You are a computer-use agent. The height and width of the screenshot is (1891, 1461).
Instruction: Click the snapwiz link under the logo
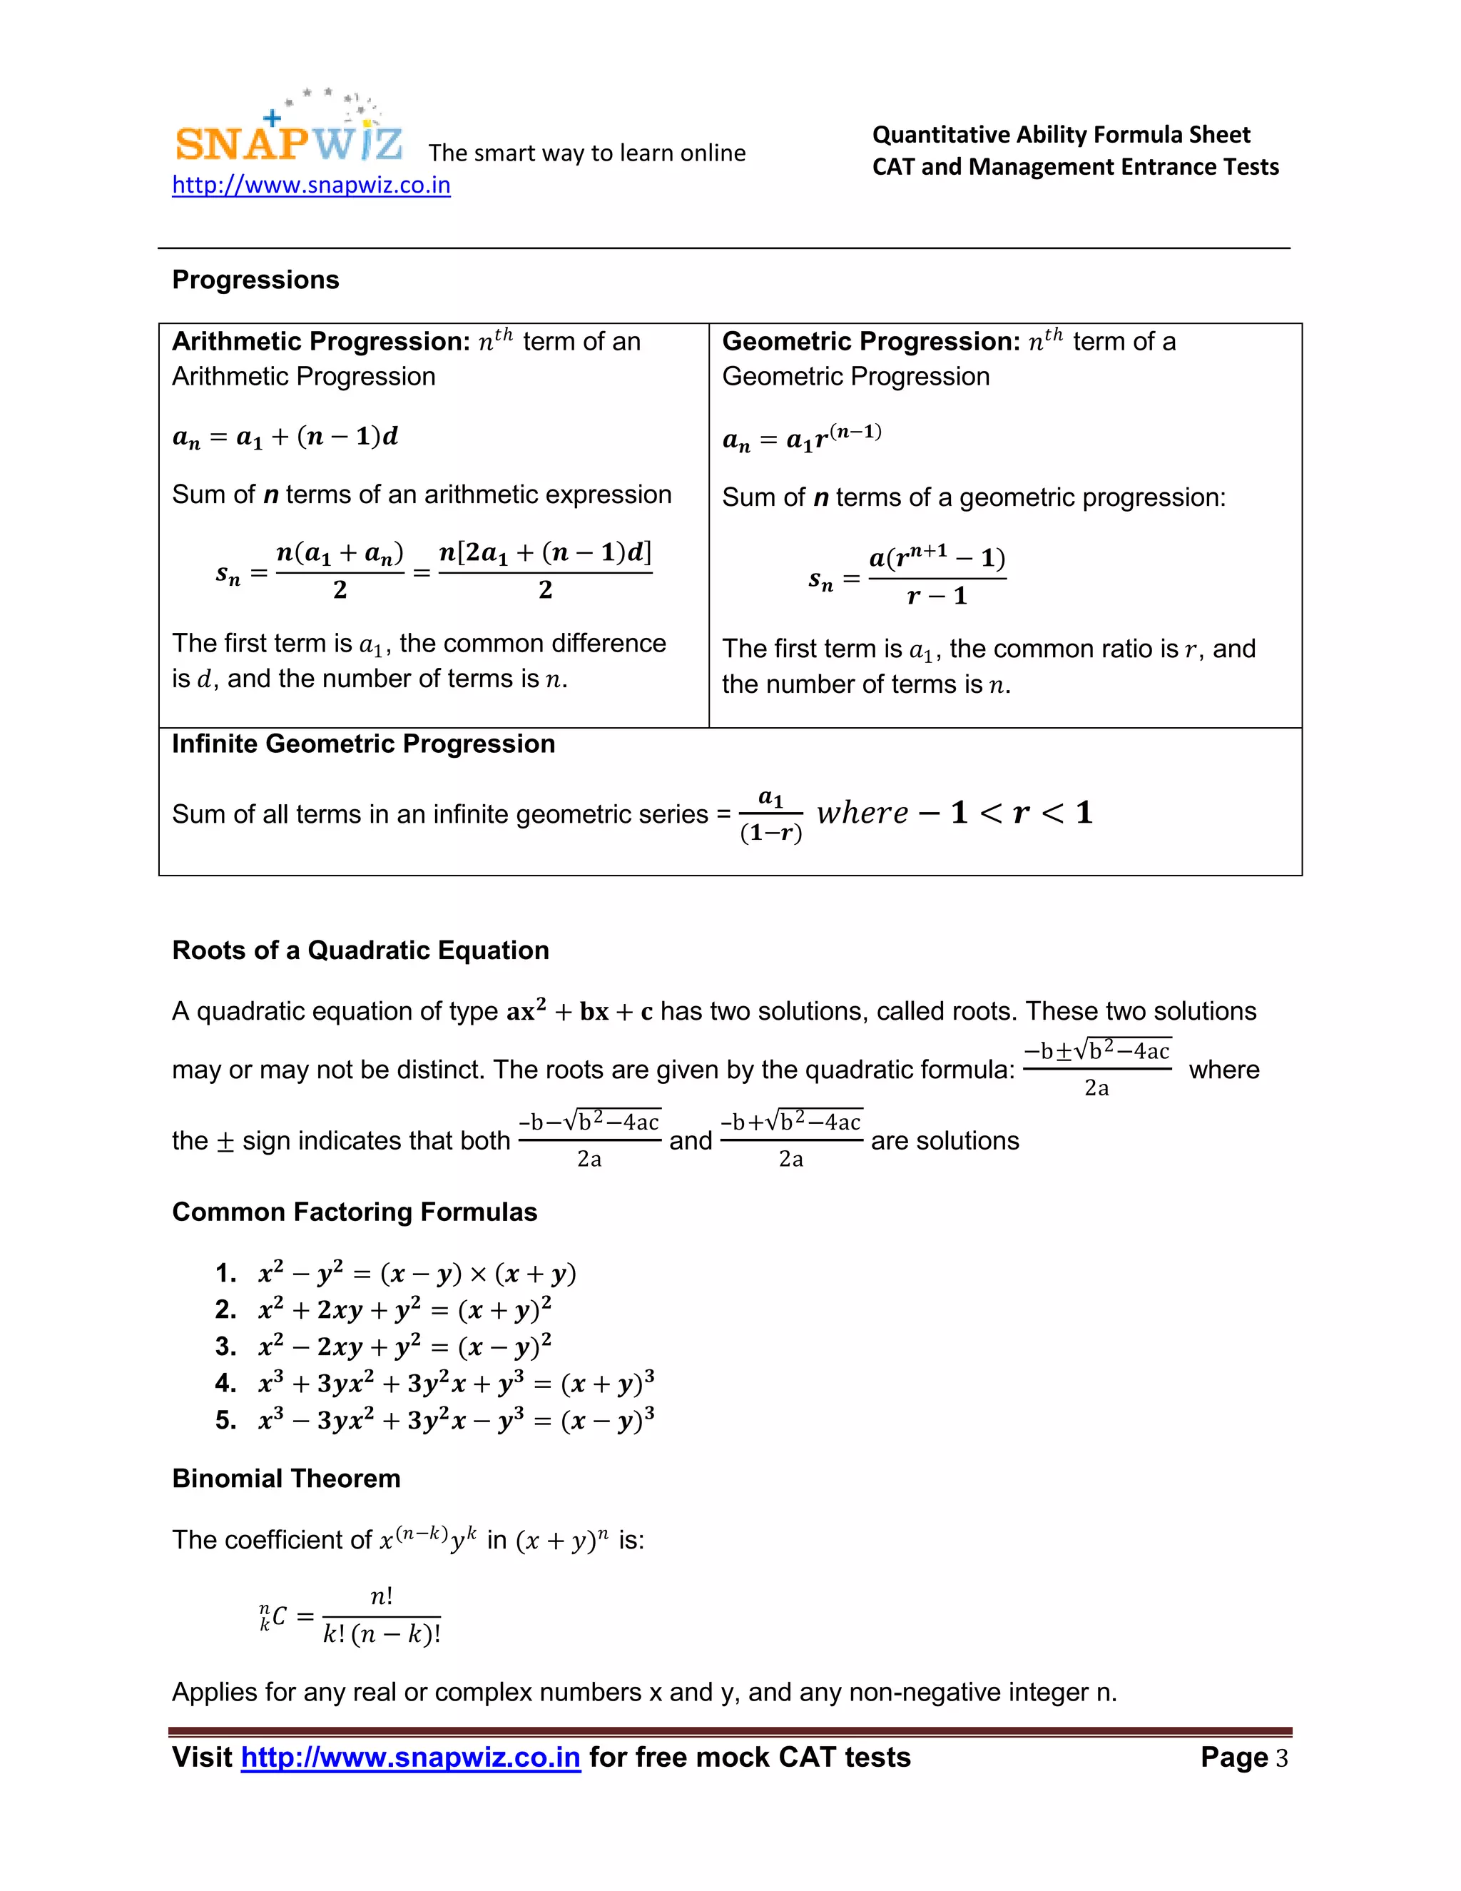point(311,186)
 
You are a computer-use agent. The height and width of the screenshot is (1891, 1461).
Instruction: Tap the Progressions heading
point(255,280)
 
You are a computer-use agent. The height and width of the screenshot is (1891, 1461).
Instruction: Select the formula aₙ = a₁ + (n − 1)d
point(285,437)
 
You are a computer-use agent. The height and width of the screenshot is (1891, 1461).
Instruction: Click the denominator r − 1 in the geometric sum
point(937,597)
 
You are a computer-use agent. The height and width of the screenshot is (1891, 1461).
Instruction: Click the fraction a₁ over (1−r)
point(770,815)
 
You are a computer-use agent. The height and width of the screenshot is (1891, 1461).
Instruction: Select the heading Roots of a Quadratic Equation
point(360,950)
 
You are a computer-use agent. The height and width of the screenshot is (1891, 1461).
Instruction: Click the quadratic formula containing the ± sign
point(1096,1068)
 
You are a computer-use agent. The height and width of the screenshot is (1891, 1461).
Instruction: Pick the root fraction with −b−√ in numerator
point(589,1140)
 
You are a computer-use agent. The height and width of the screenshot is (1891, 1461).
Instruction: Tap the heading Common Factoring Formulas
point(354,1212)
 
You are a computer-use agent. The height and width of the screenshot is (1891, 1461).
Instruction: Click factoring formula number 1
point(417,1273)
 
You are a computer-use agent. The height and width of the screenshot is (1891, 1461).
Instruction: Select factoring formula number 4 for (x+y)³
point(456,1383)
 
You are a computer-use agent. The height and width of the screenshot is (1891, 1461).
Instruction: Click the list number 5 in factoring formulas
point(225,1420)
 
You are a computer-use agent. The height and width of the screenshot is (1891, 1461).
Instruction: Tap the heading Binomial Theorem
point(285,1478)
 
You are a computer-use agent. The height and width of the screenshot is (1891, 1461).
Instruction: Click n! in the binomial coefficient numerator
point(381,1596)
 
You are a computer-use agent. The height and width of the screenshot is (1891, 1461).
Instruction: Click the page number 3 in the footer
point(1281,1758)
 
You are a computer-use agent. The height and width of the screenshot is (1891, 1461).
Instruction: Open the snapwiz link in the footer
point(410,1758)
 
